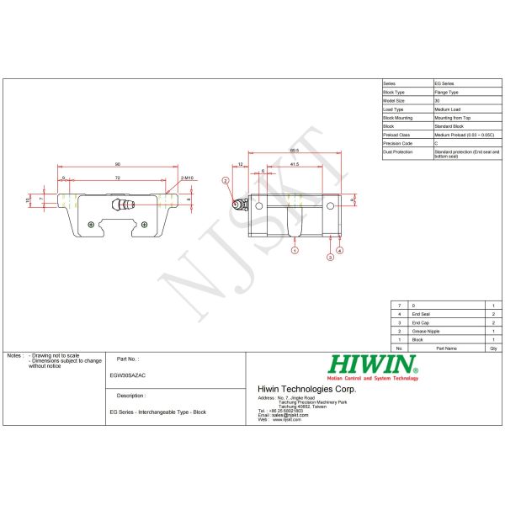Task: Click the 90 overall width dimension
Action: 117,164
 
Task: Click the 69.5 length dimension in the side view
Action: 294,150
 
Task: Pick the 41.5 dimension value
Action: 294,164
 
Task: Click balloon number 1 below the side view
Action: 295,250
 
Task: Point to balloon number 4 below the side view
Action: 340,250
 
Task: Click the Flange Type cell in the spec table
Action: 446,92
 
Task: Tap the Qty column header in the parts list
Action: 493,347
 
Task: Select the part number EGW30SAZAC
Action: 128,376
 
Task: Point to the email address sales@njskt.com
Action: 284,415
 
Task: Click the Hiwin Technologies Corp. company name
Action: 306,389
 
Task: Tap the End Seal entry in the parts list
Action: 420,314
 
